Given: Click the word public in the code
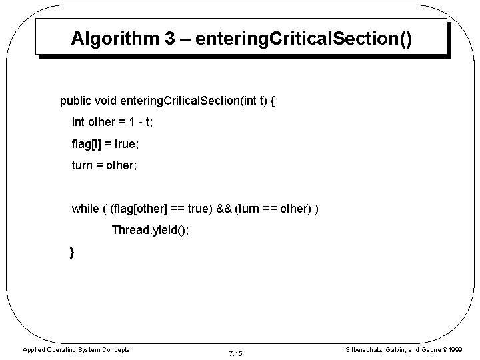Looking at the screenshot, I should coord(75,102).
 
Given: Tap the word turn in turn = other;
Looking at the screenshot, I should coord(83,164).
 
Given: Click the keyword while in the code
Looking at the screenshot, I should coord(85,209).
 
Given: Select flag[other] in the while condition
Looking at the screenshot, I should coord(142,209).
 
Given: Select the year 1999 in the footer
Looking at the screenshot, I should coord(455,349).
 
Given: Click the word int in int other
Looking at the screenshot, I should coord(79,123).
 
